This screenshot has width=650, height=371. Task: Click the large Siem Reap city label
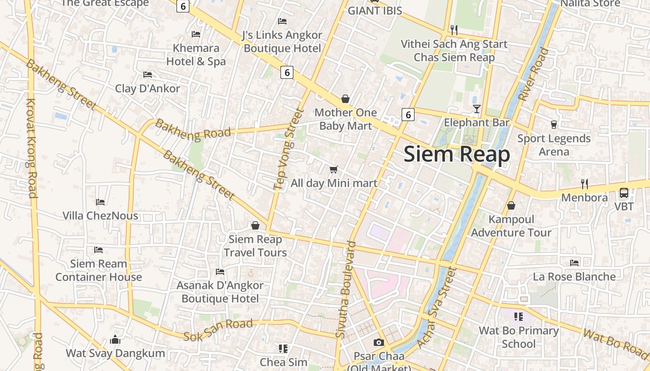(457, 154)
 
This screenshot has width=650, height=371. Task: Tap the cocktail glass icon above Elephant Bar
(476, 109)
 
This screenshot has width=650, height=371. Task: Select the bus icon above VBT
(624, 193)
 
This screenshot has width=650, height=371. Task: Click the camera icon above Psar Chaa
(379, 342)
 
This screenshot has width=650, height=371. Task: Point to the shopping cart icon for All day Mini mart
(334, 170)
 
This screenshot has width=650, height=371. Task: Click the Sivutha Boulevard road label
(347, 289)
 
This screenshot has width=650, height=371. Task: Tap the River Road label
(533, 75)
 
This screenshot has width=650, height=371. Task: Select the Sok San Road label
(218, 330)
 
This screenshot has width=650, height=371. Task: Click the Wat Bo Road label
(616, 344)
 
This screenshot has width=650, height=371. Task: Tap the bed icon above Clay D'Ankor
(148, 74)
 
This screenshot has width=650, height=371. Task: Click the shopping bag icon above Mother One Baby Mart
(345, 99)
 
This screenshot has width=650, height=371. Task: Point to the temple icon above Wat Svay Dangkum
(115, 340)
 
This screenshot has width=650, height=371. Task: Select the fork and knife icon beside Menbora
(585, 184)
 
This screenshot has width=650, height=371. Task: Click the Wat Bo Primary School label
(519, 337)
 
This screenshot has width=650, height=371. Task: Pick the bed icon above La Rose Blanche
(574, 263)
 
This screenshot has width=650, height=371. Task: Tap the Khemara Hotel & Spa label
(196, 55)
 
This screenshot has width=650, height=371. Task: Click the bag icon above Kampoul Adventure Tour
(511, 205)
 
